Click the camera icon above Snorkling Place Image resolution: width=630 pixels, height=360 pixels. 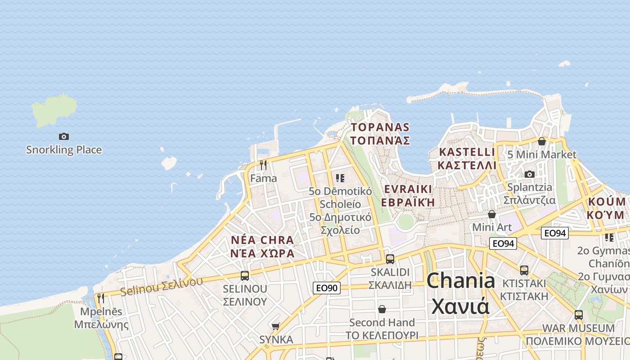tap(64, 136)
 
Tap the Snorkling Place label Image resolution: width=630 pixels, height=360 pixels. tap(64, 150)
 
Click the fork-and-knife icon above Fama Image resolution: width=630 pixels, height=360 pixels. tap(263, 165)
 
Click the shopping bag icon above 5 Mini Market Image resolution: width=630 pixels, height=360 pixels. tap(542, 141)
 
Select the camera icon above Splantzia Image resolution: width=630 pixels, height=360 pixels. tap(530, 174)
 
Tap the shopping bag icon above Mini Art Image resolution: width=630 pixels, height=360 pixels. tap(492, 214)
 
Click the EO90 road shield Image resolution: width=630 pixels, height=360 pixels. tap(327, 288)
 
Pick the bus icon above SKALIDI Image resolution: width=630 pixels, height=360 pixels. tap(390, 259)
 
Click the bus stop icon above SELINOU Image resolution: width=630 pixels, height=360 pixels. tap(245, 276)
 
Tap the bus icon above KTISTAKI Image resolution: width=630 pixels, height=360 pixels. tap(524, 270)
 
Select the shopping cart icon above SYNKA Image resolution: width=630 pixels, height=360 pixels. tap(276, 326)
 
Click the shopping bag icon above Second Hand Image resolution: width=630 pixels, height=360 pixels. tap(382, 309)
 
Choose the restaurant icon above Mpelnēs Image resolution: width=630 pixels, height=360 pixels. tap(101, 298)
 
